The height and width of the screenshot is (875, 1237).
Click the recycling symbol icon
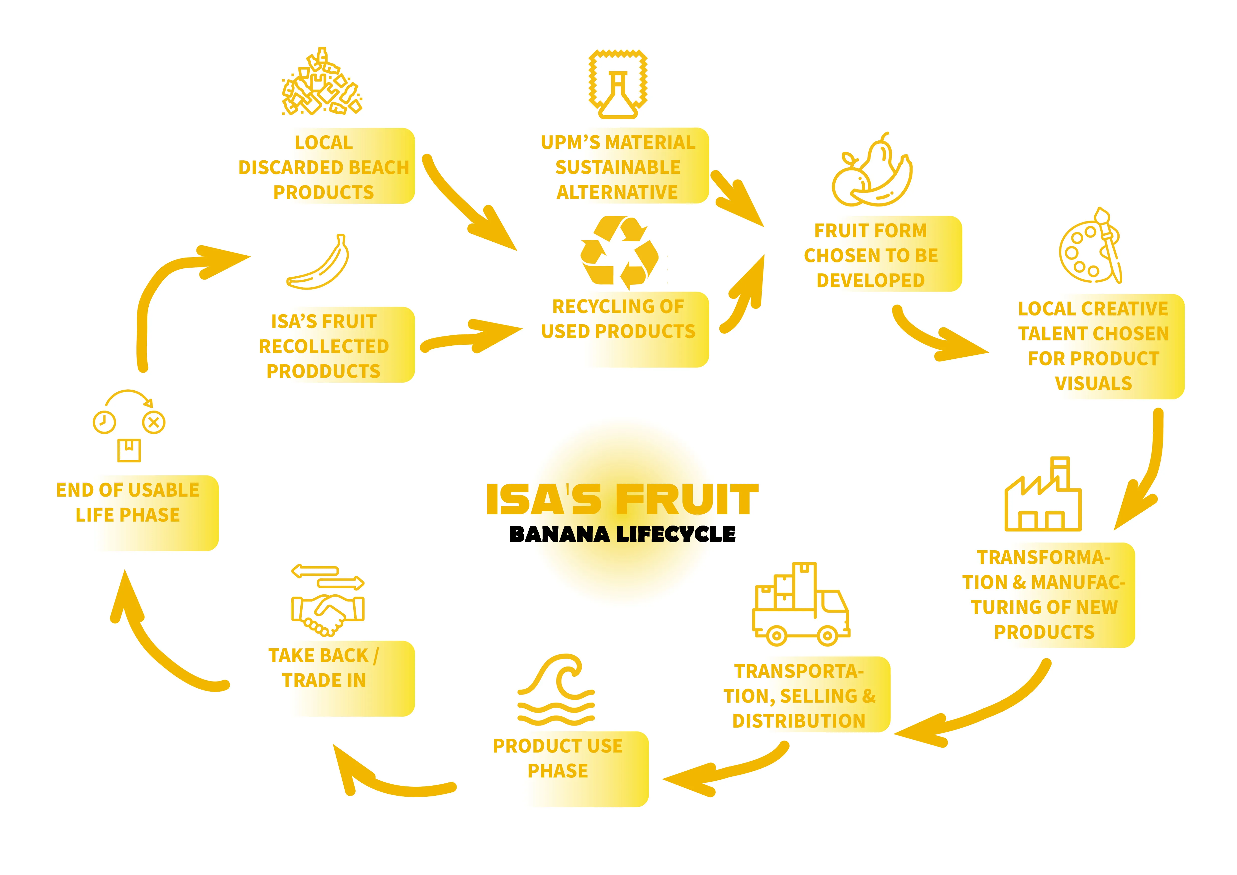tap(620, 252)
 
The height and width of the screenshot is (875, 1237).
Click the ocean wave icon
tap(556, 691)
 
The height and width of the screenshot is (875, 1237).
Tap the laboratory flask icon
tap(617, 85)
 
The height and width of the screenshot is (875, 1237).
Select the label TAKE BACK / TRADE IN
tap(323, 668)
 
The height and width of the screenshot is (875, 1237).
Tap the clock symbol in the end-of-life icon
tap(104, 422)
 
